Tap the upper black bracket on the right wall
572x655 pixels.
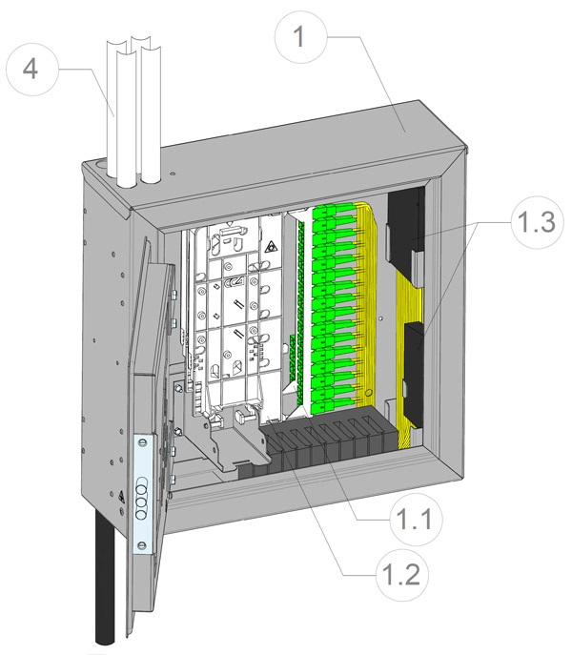[x=408, y=229]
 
